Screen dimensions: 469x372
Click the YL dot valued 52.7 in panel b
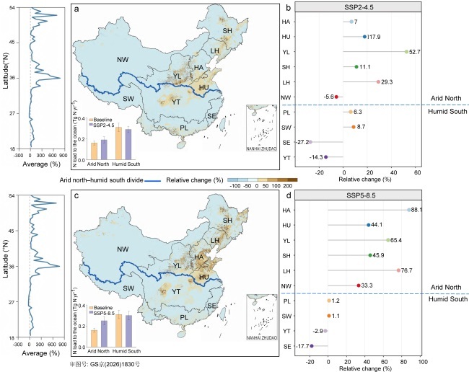click(406, 52)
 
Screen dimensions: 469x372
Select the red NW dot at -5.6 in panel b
click(336, 97)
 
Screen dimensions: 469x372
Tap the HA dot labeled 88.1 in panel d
click(409, 210)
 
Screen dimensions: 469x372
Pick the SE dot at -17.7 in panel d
click(312, 346)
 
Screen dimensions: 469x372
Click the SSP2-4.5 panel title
click(359, 7)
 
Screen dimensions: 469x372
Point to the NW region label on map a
click(123, 60)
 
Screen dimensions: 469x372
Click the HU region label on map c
click(204, 278)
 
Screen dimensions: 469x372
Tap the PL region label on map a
click(184, 128)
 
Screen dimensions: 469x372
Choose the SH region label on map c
click(227, 220)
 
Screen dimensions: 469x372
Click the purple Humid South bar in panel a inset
click(128, 144)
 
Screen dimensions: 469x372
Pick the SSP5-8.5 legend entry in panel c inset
click(102, 313)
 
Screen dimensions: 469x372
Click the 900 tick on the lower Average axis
click(63, 345)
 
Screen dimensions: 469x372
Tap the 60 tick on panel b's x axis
click(418, 172)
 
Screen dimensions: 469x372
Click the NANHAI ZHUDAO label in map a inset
click(261, 149)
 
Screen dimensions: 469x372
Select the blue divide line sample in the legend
click(152, 180)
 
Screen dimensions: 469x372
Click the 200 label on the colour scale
click(287, 186)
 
